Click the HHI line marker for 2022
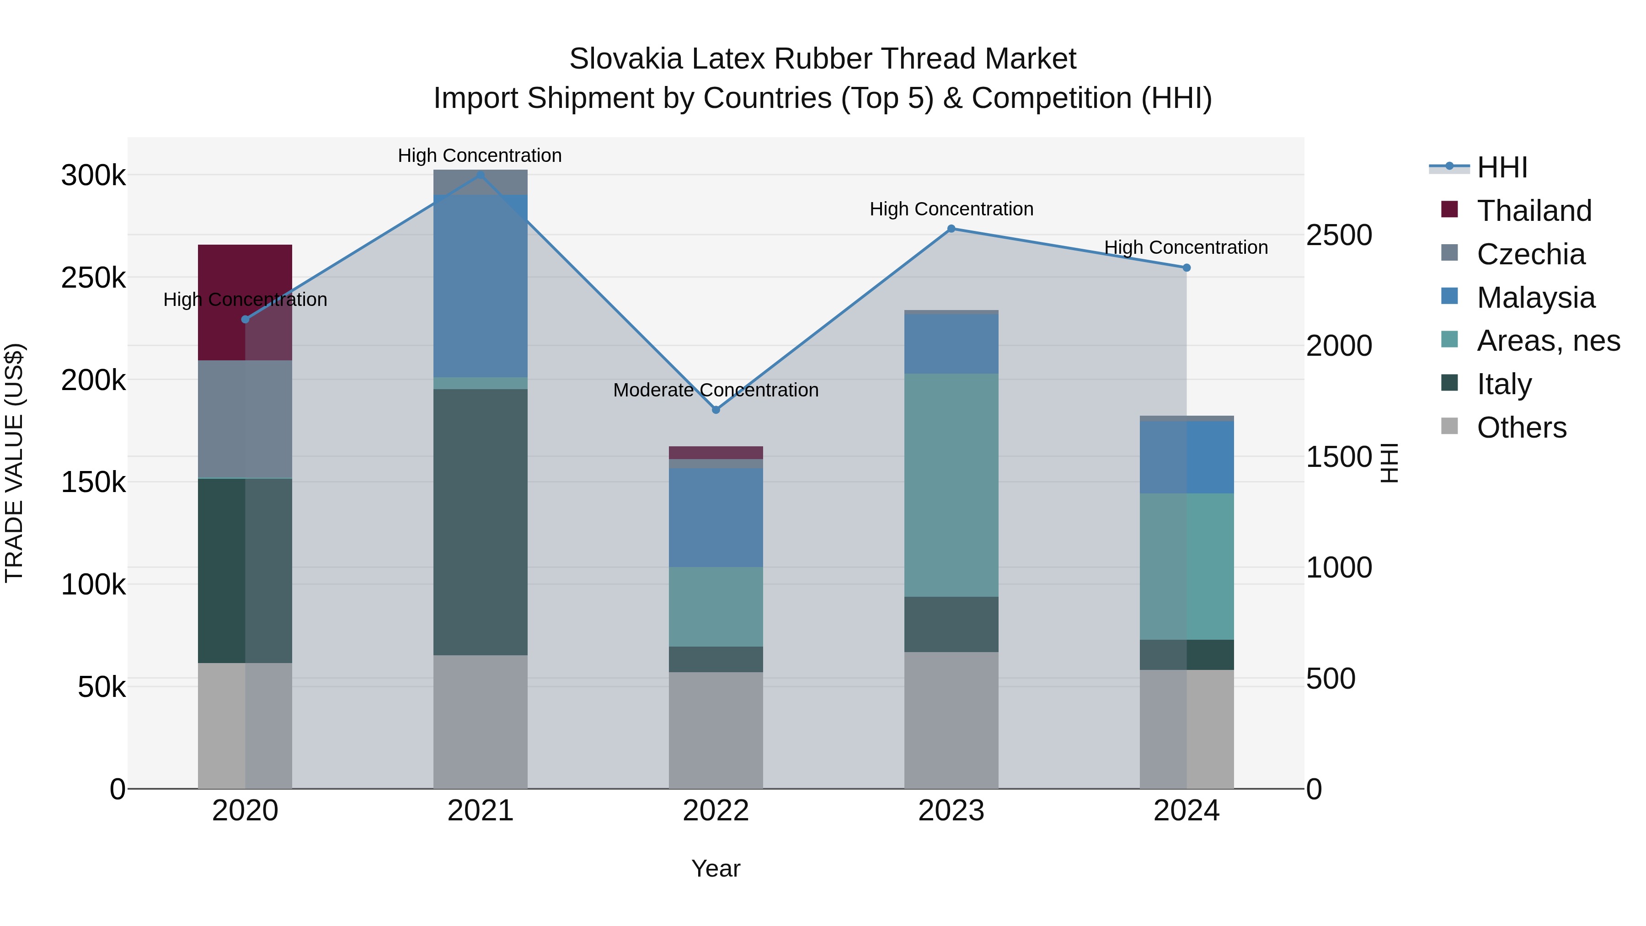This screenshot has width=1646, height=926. pyautogui.click(x=716, y=410)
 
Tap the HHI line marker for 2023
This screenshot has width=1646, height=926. pyautogui.click(x=951, y=229)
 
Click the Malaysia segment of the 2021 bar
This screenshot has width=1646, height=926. pyautogui.click(x=480, y=286)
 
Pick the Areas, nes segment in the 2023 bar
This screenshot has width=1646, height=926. pyautogui.click(x=951, y=485)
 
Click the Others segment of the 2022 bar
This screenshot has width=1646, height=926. pyautogui.click(x=716, y=730)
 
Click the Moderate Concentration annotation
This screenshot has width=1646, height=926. pyautogui.click(x=716, y=390)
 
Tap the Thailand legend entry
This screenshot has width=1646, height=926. pyautogui.click(x=1534, y=211)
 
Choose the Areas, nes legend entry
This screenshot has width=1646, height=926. pyautogui.click(x=1548, y=341)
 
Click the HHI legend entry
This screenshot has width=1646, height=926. pyautogui.click(x=1502, y=167)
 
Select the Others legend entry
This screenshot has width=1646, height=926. pyautogui.click(x=1521, y=428)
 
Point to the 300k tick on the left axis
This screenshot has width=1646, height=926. pyautogui.click(x=93, y=176)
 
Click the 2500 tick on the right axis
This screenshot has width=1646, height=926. pyautogui.click(x=1339, y=235)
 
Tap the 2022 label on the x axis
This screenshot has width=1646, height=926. pyautogui.click(x=716, y=811)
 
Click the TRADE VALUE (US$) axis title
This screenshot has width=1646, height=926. pyautogui.click(x=14, y=463)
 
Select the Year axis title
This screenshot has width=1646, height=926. pyautogui.click(x=716, y=868)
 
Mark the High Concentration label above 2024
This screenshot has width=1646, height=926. pyautogui.click(x=1186, y=247)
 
